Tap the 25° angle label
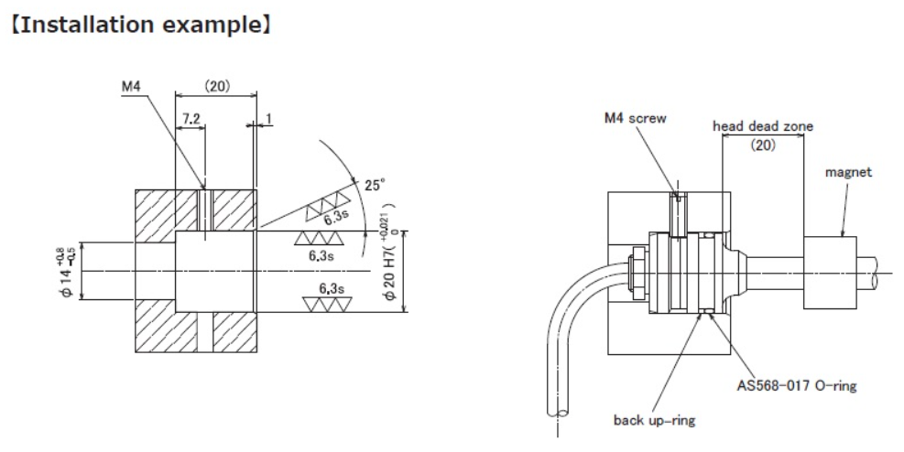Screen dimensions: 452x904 [x=374, y=184]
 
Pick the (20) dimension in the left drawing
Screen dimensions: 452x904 [x=216, y=87]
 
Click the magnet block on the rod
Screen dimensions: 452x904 [x=830, y=265]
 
